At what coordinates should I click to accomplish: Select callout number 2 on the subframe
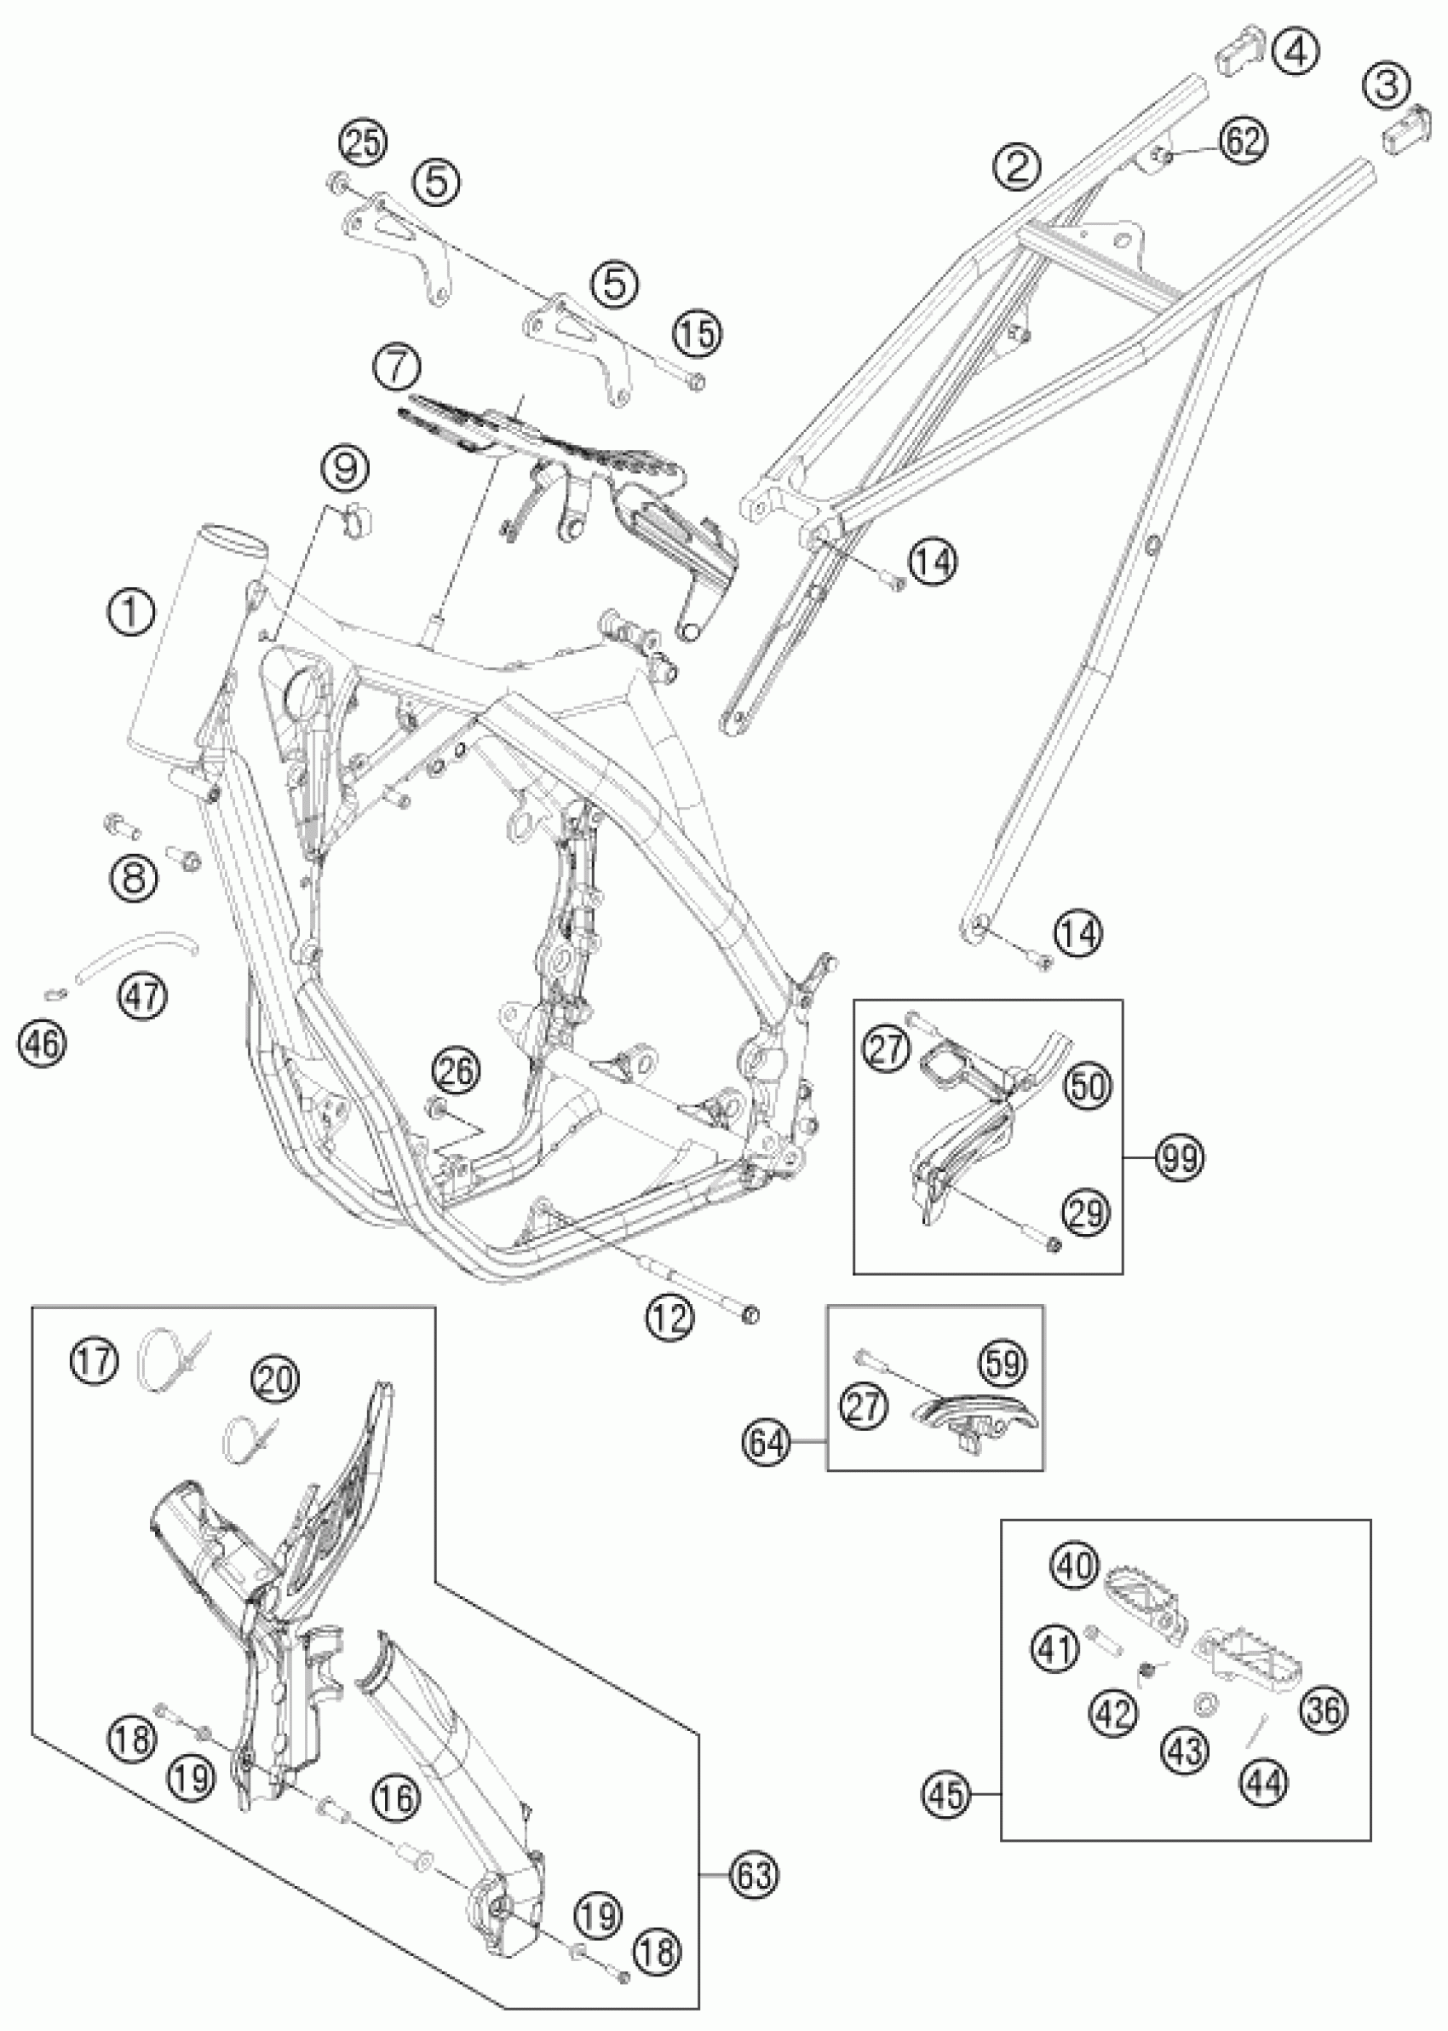1018,166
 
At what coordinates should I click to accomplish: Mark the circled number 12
669,1317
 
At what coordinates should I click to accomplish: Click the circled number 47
142,993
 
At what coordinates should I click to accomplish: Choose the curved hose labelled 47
134,953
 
